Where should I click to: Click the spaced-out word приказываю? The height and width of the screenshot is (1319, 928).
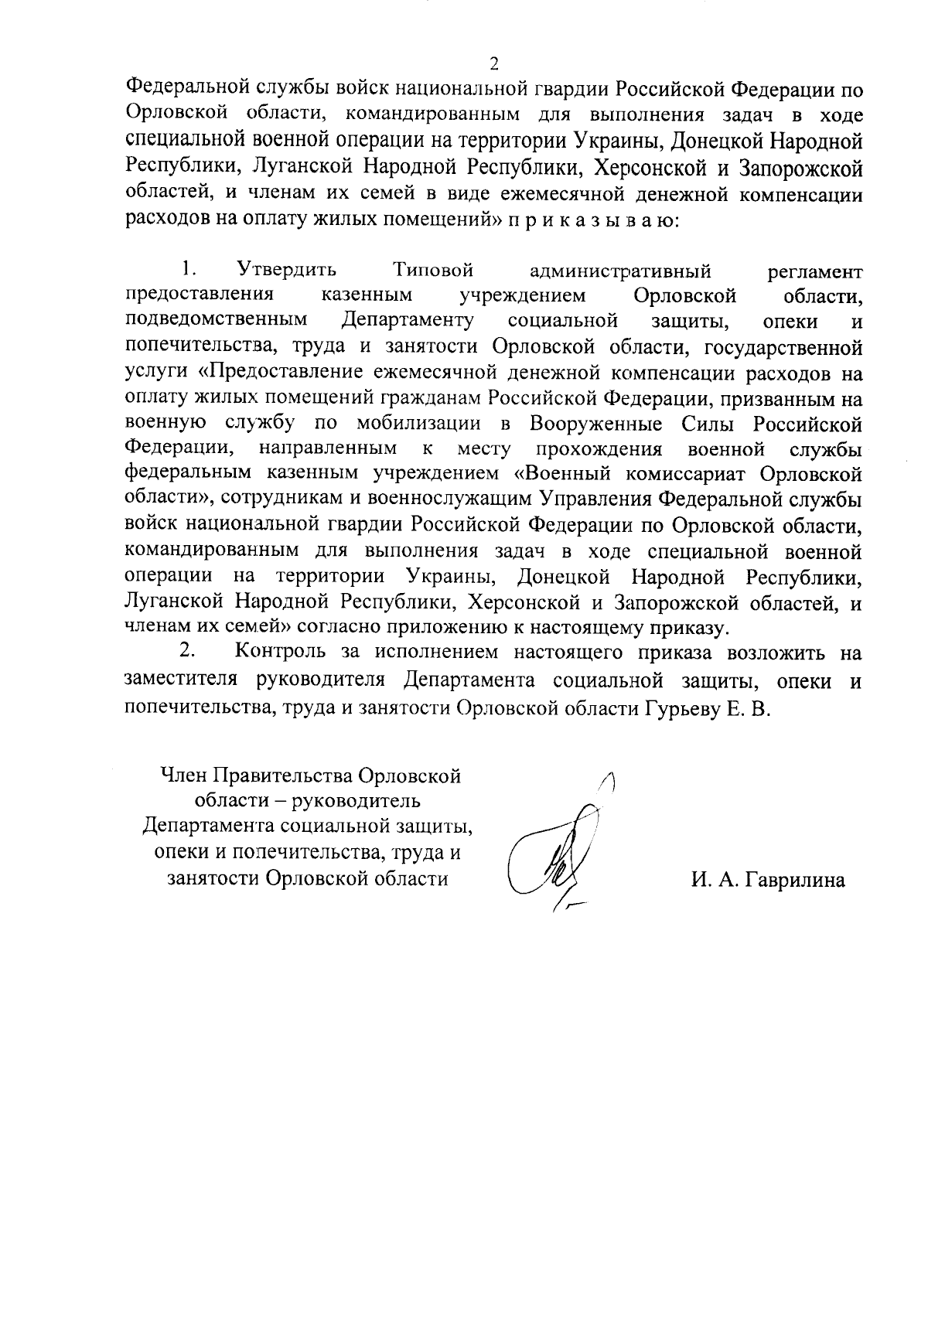(592, 220)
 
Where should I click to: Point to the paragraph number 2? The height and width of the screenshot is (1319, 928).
(186, 653)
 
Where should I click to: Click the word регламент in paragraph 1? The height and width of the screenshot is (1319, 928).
(814, 271)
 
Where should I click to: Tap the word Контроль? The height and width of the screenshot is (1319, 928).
(281, 653)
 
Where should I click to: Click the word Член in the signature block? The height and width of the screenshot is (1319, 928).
(182, 775)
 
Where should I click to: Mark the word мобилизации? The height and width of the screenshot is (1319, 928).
(421, 424)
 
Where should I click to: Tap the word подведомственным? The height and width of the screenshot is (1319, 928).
(215, 321)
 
